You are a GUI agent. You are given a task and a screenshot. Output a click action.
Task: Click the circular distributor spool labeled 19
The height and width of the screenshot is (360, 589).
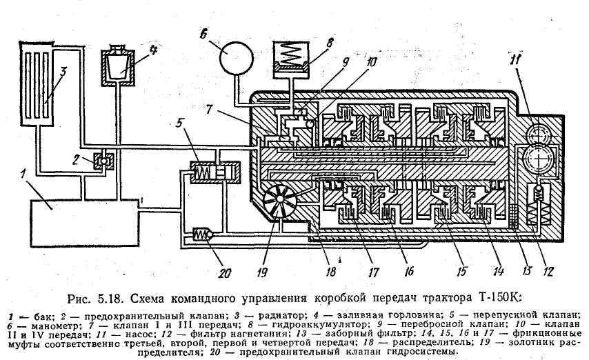[x=281, y=203]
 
